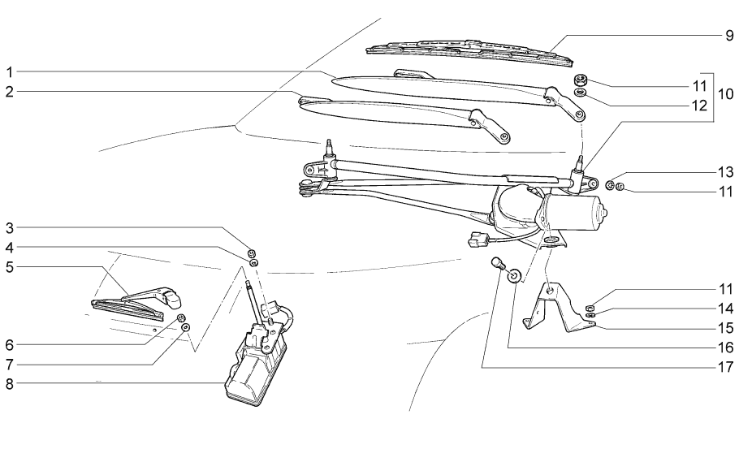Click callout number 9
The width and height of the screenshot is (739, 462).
click(x=728, y=36)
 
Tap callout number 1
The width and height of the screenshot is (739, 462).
click(x=9, y=71)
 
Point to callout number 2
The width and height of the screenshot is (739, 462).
click(x=9, y=92)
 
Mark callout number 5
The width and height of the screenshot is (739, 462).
click(x=9, y=266)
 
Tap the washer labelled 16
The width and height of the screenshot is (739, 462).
click(x=515, y=277)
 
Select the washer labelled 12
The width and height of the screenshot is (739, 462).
click(x=581, y=93)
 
